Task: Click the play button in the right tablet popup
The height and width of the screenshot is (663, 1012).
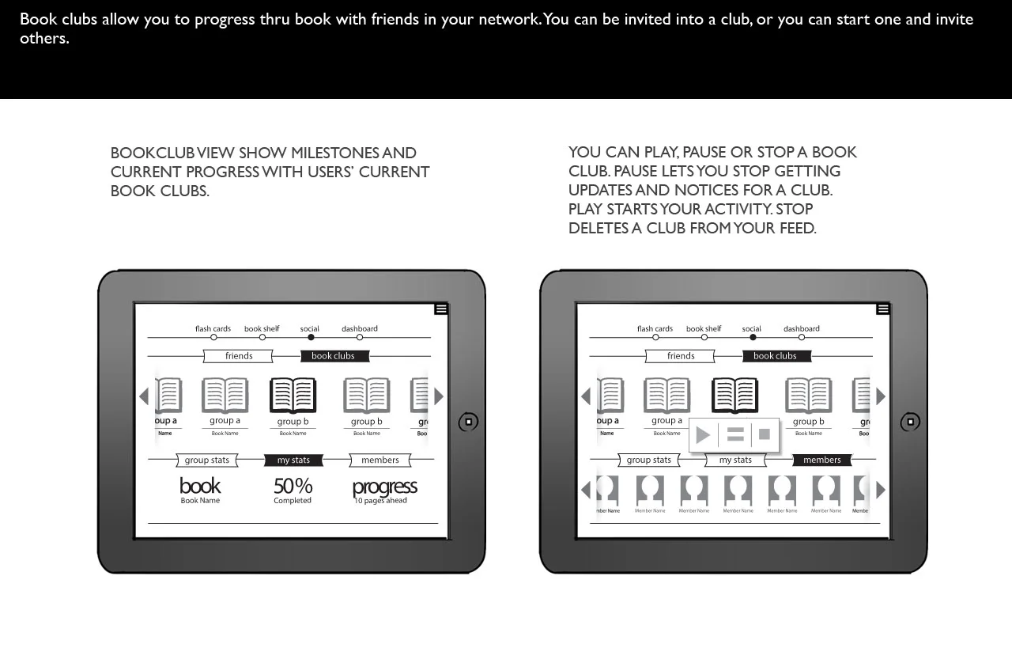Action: (703, 435)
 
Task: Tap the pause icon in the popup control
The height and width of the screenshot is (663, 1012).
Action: (735, 435)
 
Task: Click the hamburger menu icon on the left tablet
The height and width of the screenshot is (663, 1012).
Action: (441, 309)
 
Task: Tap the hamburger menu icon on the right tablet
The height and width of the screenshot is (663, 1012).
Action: (883, 309)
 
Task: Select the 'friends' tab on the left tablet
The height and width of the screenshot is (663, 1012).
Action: (238, 356)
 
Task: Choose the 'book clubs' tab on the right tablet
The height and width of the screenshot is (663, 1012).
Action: (775, 356)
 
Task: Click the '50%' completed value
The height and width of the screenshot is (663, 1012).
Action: (293, 486)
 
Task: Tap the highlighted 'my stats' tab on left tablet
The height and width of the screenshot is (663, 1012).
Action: (293, 460)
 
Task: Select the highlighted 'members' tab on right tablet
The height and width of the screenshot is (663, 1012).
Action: (822, 460)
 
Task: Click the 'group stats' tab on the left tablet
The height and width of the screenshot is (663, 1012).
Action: (207, 460)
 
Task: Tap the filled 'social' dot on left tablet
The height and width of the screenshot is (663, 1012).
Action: (311, 338)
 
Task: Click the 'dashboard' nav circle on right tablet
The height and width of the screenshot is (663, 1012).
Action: (802, 338)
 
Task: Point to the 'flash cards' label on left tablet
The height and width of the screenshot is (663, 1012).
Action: (213, 328)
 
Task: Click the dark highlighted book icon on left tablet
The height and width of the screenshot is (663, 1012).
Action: (293, 396)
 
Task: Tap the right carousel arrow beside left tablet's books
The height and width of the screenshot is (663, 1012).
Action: (439, 396)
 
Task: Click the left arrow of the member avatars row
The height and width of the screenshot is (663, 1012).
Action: (585, 490)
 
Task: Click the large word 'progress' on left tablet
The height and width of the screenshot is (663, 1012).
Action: (384, 487)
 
